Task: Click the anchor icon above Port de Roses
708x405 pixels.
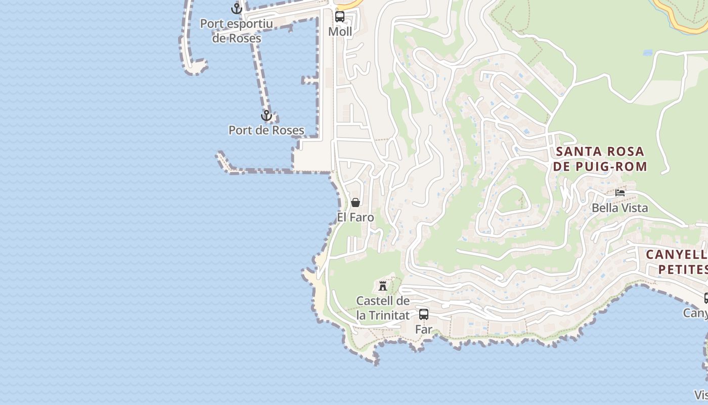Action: click(x=267, y=116)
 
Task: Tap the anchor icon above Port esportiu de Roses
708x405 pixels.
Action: click(x=237, y=8)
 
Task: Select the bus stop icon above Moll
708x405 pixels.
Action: click(x=340, y=16)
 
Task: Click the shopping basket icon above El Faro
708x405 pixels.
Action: click(x=356, y=202)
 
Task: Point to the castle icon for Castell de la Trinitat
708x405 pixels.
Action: click(x=383, y=286)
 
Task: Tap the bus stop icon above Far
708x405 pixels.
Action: click(x=424, y=314)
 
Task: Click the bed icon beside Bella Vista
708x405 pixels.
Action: click(x=620, y=193)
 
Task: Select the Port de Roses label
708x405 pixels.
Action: click(x=267, y=130)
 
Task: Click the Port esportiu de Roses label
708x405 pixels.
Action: click(x=237, y=31)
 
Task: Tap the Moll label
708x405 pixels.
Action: click(x=340, y=31)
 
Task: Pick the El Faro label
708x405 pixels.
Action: click(x=356, y=217)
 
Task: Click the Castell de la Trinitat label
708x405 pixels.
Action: click(x=383, y=308)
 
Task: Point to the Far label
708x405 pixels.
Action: click(x=424, y=329)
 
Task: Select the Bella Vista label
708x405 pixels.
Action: click(x=619, y=208)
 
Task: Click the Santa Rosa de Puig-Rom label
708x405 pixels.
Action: click(x=600, y=158)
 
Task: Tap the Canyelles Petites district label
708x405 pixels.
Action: click(x=677, y=261)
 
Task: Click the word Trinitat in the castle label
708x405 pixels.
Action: click(x=389, y=315)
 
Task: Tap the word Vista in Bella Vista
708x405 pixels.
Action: click(x=634, y=208)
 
